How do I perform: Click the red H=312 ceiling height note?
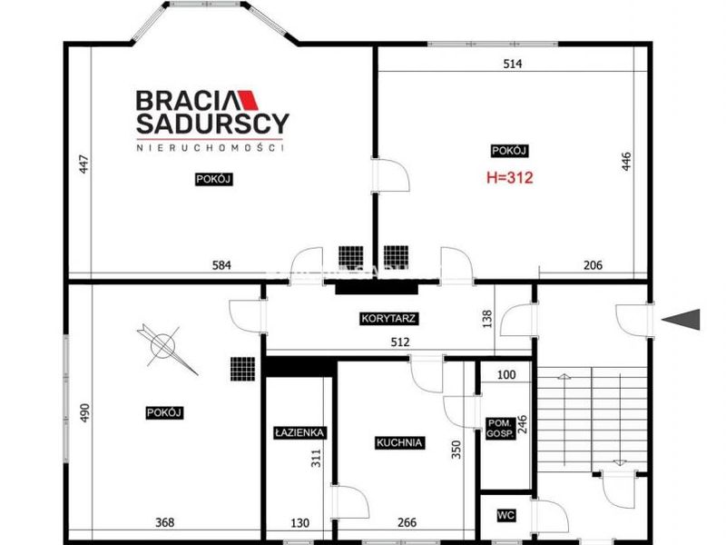click(510, 177)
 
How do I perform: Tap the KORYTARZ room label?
click(388, 319)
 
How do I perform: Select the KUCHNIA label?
click(399, 442)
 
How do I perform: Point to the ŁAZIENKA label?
click(299, 433)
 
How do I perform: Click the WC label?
click(505, 515)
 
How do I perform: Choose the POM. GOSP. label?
click(500, 428)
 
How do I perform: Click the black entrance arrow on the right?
click(681, 320)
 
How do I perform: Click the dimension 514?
click(513, 64)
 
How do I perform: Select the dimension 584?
click(221, 265)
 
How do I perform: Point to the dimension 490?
click(84, 413)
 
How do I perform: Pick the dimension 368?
click(164, 523)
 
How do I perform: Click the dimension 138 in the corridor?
click(487, 319)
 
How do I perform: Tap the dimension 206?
click(593, 265)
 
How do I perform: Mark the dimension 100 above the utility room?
click(506, 374)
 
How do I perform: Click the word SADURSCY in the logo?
click(212, 124)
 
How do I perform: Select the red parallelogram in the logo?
click(248, 100)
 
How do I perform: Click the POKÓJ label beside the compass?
click(164, 413)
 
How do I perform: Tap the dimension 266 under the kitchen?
click(407, 523)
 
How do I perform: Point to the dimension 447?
click(83, 164)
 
